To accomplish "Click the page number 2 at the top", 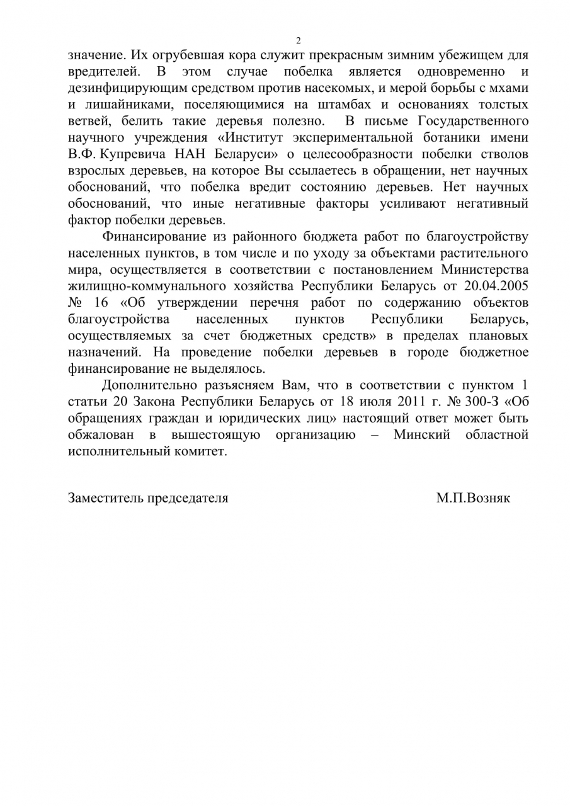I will pos(299,40).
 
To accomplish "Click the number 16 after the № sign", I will pos(101,303).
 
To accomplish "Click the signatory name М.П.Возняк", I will pos(473,498).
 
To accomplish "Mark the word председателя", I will pos(188,498).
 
